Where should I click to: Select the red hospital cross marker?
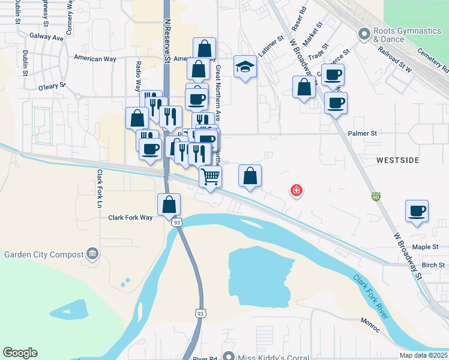tap(296, 191)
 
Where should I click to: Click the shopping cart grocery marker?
tap(211, 177)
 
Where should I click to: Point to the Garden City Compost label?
tap(43, 253)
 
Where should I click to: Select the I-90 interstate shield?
tap(376, 196)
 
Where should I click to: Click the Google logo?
tap(20, 352)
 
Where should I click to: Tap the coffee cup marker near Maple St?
tap(417, 211)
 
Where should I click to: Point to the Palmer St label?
tap(361, 133)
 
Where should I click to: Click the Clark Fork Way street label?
tap(130, 218)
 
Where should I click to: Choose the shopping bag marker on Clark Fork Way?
tap(169, 205)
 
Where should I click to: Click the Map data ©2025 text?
tap(423, 355)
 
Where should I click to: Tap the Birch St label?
tap(433, 265)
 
